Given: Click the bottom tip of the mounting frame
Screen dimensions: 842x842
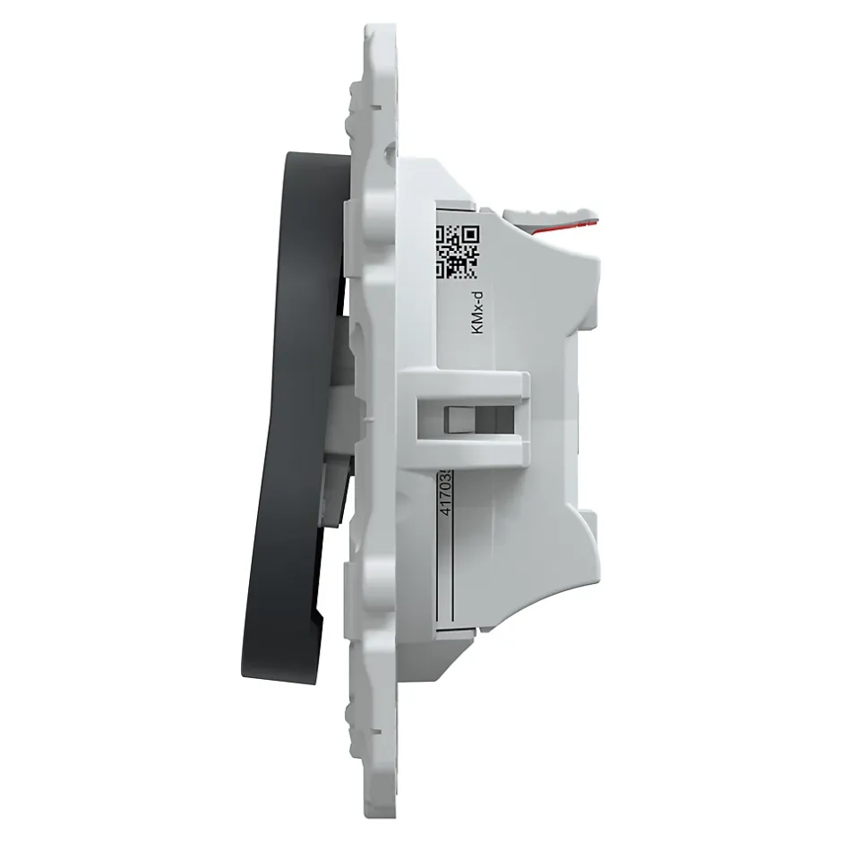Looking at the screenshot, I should [381, 811].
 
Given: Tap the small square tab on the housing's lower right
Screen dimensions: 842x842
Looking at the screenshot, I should [588, 521].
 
